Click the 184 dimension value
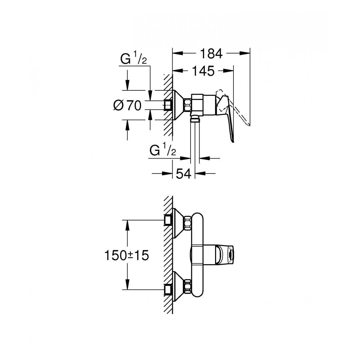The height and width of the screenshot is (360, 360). (211, 54)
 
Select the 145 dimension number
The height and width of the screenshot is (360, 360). (203, 71)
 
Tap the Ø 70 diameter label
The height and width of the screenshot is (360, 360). (127, 105)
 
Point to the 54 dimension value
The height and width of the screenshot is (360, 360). (184, 174)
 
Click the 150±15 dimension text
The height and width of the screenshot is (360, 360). (127, 255)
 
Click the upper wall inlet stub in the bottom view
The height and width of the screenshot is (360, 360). (168, 220)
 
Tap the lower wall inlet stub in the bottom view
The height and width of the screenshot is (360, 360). (168, 290)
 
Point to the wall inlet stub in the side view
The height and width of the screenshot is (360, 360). (168, 105)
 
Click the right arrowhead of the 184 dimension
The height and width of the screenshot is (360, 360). (245, 54)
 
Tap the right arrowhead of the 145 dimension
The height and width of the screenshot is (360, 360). (228, 71)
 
